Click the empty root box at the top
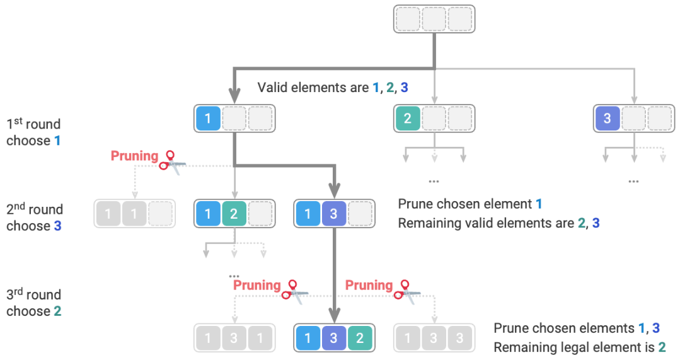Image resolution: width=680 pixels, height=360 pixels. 434,19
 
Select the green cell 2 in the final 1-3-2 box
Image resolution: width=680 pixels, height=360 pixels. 360,338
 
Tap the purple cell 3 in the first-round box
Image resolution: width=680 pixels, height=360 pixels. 608,119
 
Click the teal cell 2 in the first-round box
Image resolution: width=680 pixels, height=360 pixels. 408,119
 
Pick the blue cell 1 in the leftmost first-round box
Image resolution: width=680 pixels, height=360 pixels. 209,119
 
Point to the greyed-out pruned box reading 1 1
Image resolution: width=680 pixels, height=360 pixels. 134,214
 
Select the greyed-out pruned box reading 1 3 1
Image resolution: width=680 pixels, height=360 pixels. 234,338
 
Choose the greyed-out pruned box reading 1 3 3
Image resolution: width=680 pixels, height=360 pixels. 434,338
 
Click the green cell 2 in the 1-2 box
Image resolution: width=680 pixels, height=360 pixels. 234,214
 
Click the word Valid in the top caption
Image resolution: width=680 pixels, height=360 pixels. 272,88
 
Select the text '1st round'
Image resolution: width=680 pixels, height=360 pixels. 33,124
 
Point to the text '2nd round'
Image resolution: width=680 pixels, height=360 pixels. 35,209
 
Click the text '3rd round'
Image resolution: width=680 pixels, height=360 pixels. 34,294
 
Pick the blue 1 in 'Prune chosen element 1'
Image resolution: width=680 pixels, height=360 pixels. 539,204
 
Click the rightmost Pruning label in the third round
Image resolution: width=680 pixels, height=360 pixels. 369,286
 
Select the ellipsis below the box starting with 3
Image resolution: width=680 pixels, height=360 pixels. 633,180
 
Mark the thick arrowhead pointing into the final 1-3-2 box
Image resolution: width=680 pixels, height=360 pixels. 334,315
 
